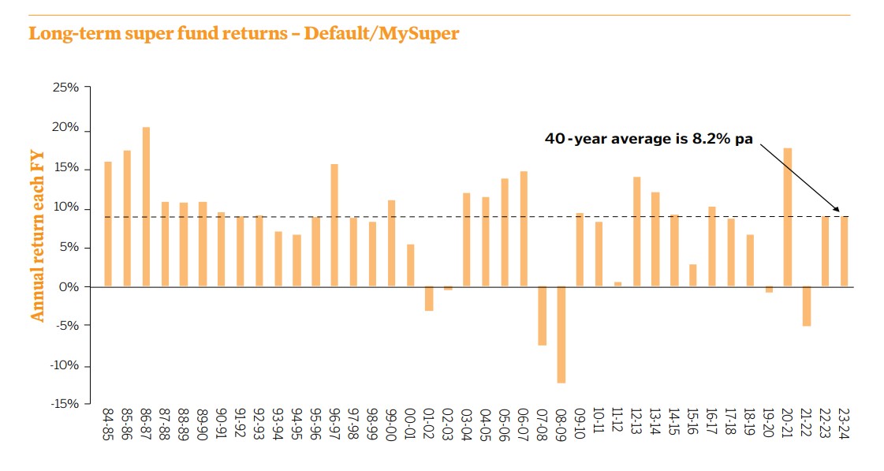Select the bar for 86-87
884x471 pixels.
(146, 207)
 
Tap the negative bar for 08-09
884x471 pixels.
(561, 335)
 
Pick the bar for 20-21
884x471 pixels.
(787, 217)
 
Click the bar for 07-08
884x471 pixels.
(542, 316)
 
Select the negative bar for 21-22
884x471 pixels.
(806, 306)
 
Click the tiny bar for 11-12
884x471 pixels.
(617, 284)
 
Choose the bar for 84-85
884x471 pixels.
(108, 224)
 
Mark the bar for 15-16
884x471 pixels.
(692, 275)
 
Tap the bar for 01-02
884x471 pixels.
(429, 298)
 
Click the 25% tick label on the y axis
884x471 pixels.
(65, 88)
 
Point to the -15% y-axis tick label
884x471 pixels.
(64, 404)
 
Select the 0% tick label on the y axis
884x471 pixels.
(69, 287)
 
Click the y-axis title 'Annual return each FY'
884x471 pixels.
(37, 237)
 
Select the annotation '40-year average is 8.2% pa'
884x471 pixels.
(649, 139)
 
